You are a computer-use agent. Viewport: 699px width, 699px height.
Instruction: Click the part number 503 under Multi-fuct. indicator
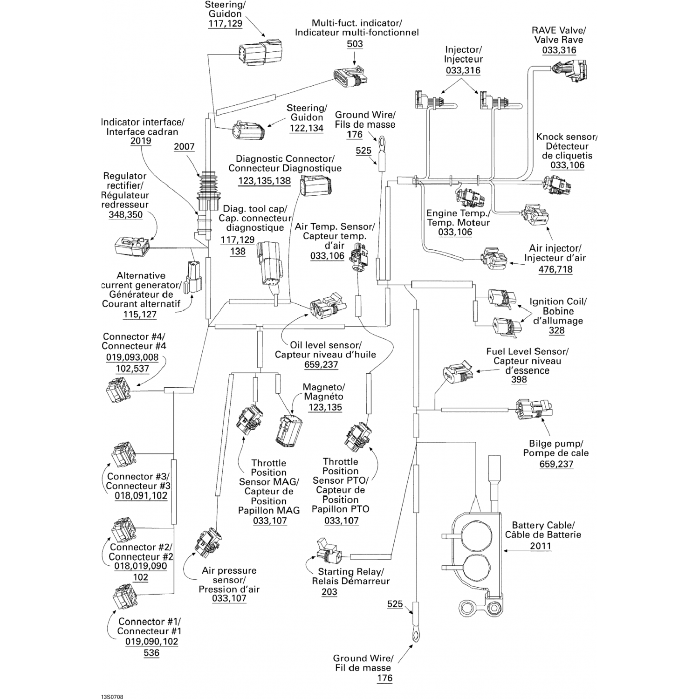pos(355,44)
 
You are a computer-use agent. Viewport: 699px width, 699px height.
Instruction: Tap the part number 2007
pos(184,147)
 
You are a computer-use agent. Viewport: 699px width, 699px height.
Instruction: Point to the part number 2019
pos(141,141)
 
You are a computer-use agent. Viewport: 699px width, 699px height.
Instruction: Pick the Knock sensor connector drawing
pos(558,185)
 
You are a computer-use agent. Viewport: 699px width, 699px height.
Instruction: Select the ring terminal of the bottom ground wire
pos(413,635)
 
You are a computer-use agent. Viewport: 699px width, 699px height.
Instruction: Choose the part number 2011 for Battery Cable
pos(541,546)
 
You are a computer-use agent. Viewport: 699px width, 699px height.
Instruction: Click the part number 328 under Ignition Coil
pos(556,330)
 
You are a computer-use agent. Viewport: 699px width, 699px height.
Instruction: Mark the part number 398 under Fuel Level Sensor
pos(519,379)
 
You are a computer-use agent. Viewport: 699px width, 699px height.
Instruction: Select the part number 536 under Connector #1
pos(151,653)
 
